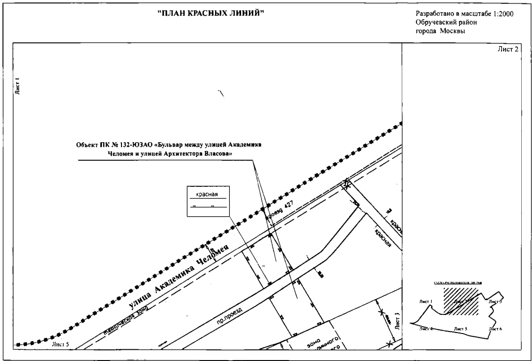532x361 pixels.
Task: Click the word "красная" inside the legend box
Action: [x=206, y=194]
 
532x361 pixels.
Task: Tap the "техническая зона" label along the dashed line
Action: [x=125, y=320]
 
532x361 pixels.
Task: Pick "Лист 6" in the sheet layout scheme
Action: [x=495, y=328]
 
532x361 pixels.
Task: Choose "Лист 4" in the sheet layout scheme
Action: [x=426, y=328]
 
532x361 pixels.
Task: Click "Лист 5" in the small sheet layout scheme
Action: [x=460, y=328]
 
